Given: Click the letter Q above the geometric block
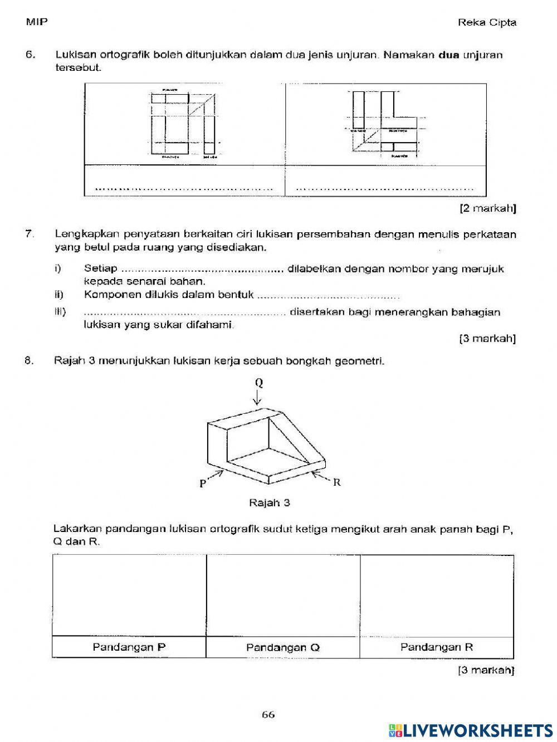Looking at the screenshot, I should [x=259, y=383].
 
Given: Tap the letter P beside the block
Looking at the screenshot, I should [x=203, y=484].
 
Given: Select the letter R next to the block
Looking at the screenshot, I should [x=336, y=482].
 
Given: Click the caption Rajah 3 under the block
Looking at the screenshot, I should [x=270, y=503].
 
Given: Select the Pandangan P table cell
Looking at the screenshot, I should [x=129, y=647].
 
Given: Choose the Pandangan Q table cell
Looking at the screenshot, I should [x=283, y=647].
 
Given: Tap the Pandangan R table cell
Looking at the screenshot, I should [x=437, y=647].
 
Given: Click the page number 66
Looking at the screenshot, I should [x=268, y=715].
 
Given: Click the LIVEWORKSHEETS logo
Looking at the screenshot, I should [x=471, y=730].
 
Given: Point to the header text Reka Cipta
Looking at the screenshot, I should [x=487, y=23].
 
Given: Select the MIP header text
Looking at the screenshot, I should [x=37, y=22].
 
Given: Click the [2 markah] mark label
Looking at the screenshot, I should [x=488, y=209].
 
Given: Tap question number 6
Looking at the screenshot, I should [x=31, y=55].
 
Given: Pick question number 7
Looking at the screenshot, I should [x=30, y=234].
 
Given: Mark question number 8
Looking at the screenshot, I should [x=30, y=360].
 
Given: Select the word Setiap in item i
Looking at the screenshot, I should [x=100, y=269].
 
